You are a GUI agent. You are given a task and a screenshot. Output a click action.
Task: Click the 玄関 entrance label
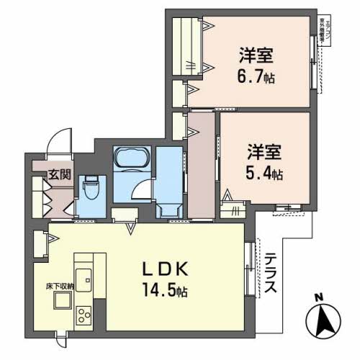(x=60, y=174)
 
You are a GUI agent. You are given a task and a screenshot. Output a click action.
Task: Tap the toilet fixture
(x=91, y=190)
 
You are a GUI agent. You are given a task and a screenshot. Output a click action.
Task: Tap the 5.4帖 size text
(x=267, y=174)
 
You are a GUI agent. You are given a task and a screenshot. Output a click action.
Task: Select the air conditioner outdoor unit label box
(x=322, y=32)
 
